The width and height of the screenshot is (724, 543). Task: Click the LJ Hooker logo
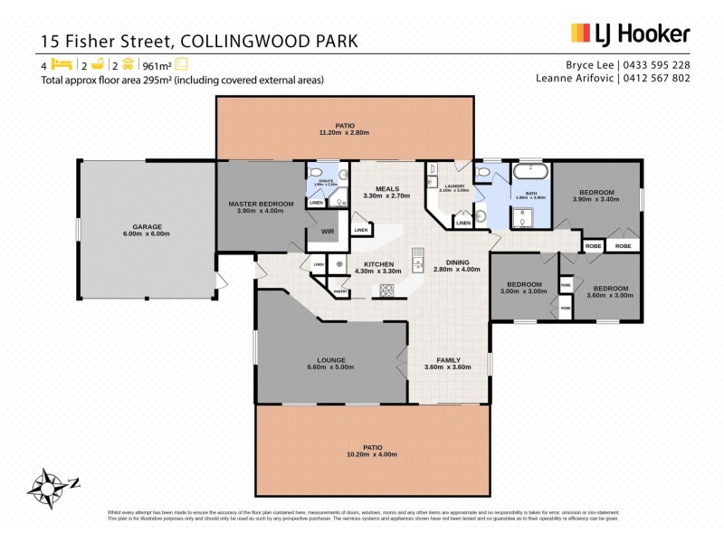630,33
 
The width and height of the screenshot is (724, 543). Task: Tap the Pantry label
341,291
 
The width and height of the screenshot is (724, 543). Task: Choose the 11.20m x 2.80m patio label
343,129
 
